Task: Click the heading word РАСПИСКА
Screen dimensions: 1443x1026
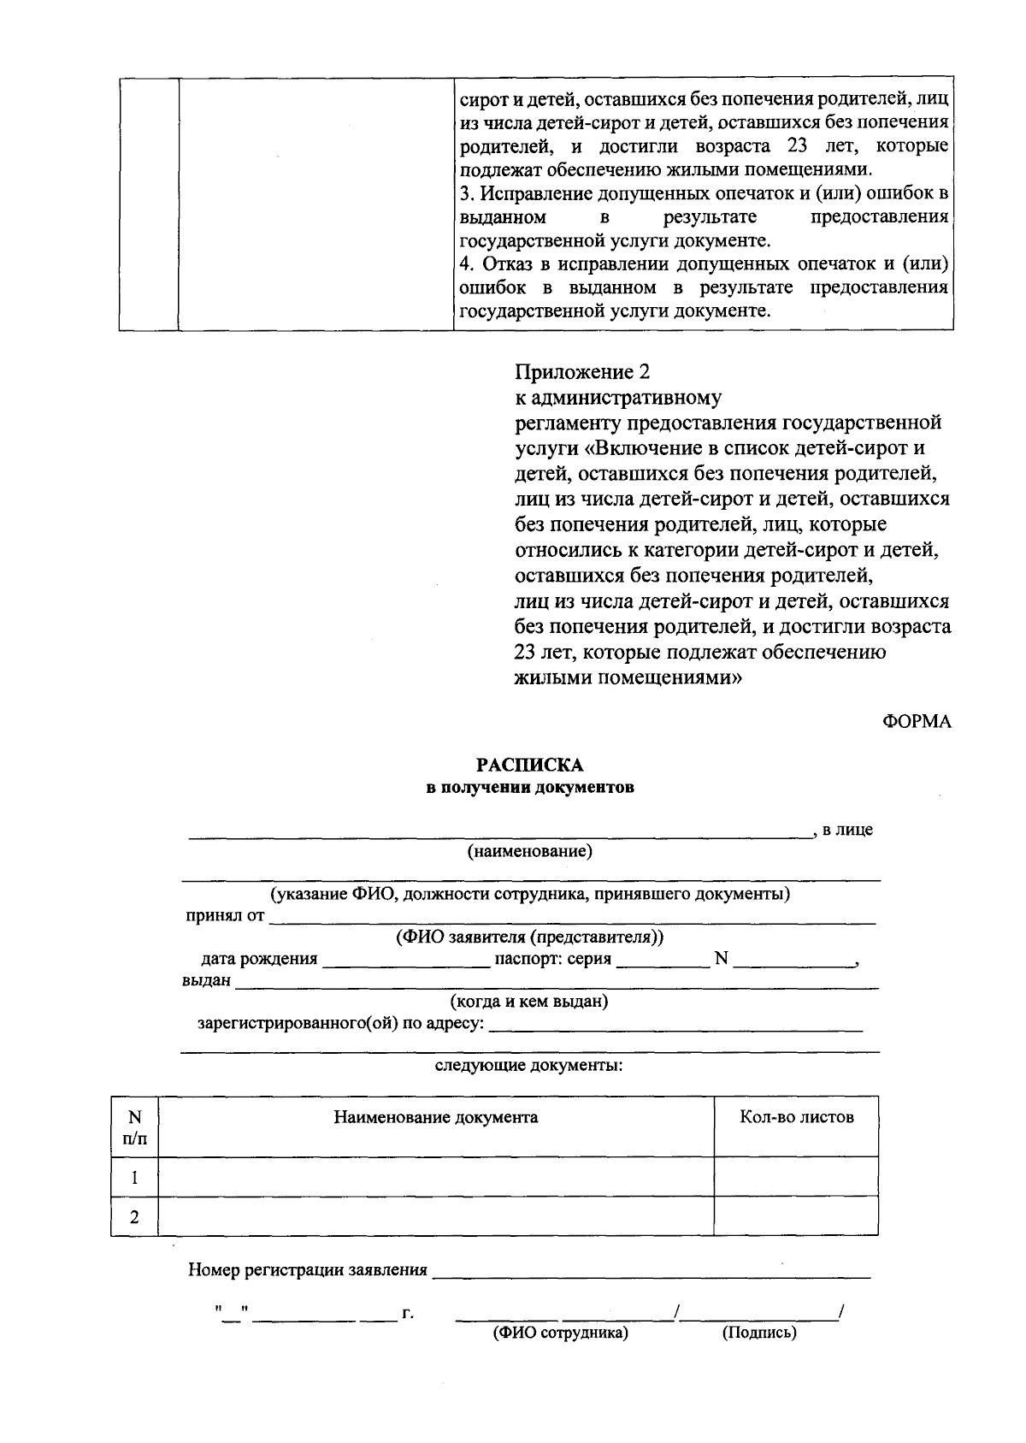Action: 530,765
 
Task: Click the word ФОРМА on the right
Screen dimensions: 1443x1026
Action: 917,721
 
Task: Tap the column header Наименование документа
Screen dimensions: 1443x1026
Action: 435,1117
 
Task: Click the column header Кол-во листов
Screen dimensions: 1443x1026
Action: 796,1117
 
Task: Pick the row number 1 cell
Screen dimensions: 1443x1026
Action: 134,1177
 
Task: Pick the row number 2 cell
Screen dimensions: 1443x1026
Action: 134,1216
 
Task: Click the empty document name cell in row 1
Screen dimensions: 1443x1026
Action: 435,1177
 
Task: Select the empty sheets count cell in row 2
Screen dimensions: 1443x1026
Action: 796,1216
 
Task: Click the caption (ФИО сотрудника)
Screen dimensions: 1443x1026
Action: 560,1333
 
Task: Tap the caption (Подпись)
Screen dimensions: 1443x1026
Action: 759,1333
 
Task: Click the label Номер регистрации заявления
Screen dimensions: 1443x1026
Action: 308,1270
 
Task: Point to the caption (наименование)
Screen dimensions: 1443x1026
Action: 529,851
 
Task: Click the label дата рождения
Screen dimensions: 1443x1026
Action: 259,959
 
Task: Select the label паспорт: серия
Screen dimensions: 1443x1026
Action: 553,959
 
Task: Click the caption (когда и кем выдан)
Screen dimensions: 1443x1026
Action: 529,1001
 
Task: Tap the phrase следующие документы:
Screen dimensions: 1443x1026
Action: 529,1066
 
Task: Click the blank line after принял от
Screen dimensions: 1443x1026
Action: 573,917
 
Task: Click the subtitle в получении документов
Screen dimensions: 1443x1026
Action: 530,788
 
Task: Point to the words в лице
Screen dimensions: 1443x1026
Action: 847,830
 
